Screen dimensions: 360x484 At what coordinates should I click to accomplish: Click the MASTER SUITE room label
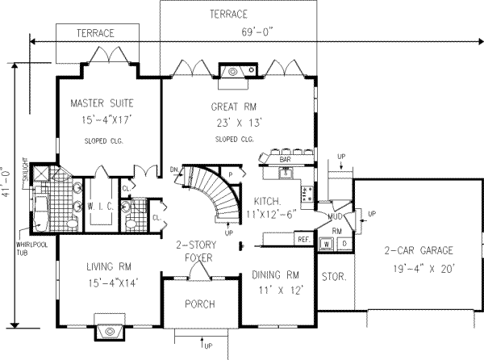pyautogui.click(x=101, y=103)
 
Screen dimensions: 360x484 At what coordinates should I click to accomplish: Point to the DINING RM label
pyautogui.click(x=276, y=274)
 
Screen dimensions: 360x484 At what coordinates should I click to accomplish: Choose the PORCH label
pyautogui.click(x=198, y=305)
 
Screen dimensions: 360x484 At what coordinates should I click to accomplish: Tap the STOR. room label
pyautogui.click(x=333, y=277)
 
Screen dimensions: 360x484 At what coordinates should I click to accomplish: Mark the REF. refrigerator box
pyautogui.click(x=304, y=240)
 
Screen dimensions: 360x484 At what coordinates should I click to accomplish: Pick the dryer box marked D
pyautogui.click(x=343, y=242)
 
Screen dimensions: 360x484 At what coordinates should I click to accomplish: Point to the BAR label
pyautogui.click(x=285, y=160)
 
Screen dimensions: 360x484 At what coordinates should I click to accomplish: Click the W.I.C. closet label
pyautogui.click(x=100, y=204)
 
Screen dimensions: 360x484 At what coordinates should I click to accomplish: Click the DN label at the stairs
pyautogui.click(x=174, y=170)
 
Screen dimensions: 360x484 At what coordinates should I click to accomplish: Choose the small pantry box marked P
pyautogui.click(x=230, y=174)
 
